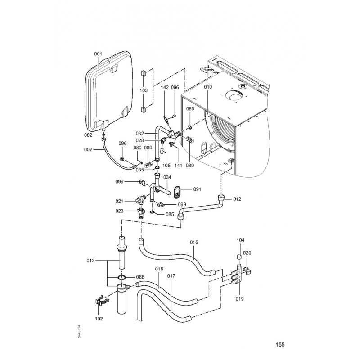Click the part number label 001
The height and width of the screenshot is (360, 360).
point(98,54)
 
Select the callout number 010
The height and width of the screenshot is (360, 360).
point(208,87)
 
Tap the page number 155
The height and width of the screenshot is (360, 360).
point(280,344)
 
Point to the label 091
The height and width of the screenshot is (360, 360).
point(197,189)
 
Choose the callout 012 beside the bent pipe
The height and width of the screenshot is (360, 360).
point(237,199)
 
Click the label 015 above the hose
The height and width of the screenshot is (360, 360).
point(194,243)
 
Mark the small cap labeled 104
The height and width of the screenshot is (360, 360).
point(239,256)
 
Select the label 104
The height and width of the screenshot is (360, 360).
point(240,240)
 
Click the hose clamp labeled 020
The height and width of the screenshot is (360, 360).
point(247,270)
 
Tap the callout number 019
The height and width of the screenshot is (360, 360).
point(239,299)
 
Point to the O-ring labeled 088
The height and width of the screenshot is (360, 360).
point(122,278)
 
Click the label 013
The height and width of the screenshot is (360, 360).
point(90,261)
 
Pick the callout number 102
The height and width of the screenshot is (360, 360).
point(99,319)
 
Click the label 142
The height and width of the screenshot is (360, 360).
point(165,87)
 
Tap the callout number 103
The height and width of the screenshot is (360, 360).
point(144,90)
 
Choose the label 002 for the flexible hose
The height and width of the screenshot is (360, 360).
point(88,150)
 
